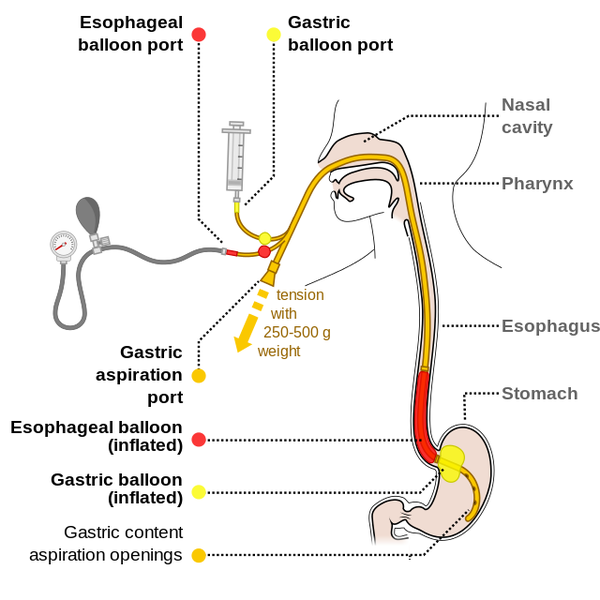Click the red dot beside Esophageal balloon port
pos(198,35)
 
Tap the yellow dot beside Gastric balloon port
pos(273,35)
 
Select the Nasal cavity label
pos(526,115)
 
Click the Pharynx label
pos(537,183)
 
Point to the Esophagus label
pos(550,326)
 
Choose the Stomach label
pos(540,393)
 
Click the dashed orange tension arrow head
pos(242,343)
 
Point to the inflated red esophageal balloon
pos(423,410)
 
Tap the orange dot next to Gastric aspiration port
pos(198,376)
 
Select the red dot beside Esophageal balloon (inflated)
pos(198,439)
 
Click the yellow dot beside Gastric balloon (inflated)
pos(198,491)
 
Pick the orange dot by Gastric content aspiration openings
pos(198,555)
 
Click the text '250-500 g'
pos(297,332)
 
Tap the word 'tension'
pos(300,295)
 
